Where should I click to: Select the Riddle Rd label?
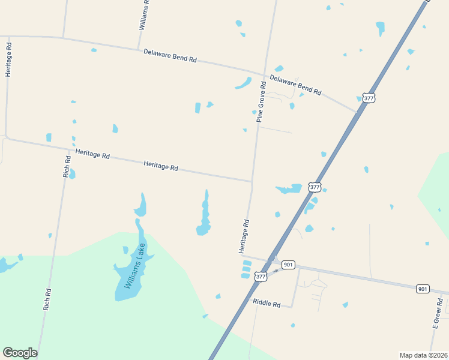(267, 304)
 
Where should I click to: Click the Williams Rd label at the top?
(143, 15)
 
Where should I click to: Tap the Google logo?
(20, 353)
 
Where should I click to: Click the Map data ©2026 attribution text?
(424, 355)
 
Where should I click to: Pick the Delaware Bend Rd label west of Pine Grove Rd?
(170, 56)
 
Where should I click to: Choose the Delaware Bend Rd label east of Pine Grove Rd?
(295, 85)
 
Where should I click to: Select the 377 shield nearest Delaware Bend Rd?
(369, 98)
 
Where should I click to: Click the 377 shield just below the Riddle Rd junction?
(260, 277)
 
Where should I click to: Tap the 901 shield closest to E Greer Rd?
(423, 289)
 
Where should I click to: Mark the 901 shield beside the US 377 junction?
(289, 265)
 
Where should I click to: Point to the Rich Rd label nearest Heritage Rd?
(67, 167)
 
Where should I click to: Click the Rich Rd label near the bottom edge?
(47, 299)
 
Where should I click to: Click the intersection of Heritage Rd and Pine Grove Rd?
(252, 181)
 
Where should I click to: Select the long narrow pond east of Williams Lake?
(205, 214)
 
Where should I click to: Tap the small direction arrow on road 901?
(276, 271)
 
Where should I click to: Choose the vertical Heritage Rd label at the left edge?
(8, 59)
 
